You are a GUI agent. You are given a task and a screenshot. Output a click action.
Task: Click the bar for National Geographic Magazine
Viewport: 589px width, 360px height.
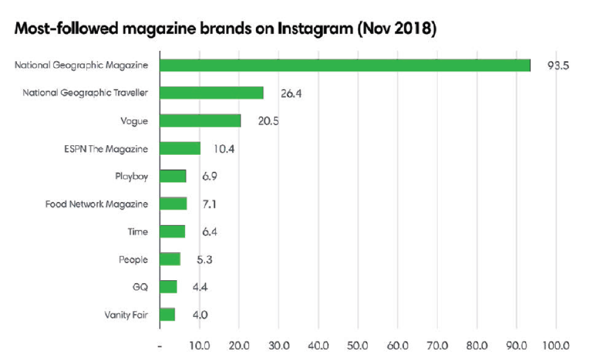point(345,65)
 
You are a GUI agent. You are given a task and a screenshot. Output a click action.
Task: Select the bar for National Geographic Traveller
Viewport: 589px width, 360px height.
point(212,93)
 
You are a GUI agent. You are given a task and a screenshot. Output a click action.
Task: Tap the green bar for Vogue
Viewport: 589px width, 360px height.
point(200,120)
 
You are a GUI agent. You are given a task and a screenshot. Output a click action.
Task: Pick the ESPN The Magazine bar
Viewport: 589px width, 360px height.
point(180,148)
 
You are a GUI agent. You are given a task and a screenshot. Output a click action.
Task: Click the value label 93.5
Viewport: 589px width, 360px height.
point(557,65)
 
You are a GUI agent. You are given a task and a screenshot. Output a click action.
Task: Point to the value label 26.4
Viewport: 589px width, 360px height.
point(292,93)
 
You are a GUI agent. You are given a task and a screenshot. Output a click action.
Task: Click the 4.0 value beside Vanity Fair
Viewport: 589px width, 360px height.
point(201,315)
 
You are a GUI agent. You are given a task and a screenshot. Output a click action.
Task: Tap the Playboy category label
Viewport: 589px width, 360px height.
point(131,177)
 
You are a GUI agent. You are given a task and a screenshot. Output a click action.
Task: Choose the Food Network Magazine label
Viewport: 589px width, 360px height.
point(97,205)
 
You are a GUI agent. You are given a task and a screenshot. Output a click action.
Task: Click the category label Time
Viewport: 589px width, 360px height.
point(137,232)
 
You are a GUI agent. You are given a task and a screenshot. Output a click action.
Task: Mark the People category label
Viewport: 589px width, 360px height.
point(133,260)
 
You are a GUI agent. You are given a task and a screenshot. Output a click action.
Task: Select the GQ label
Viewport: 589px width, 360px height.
point(140,287)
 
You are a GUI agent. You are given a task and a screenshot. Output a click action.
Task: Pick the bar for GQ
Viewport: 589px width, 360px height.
point(169,287)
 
